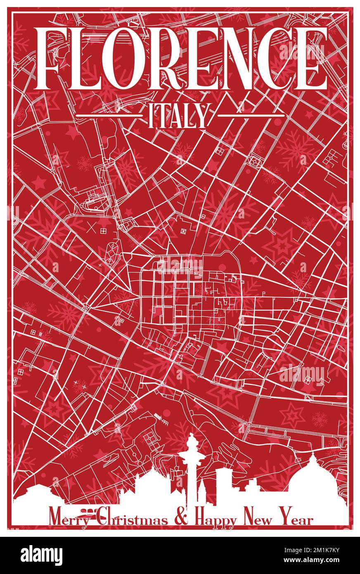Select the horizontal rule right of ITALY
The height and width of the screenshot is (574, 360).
click(x=251, y=115)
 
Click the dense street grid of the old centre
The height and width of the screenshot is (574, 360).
click(x=178, y=297)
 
